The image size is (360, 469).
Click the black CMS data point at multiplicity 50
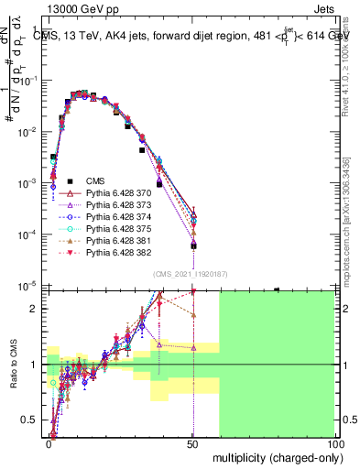pyautogui.click(x=193, y=245)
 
